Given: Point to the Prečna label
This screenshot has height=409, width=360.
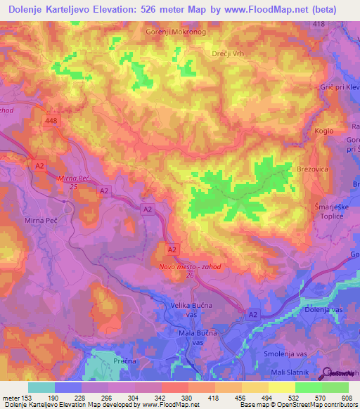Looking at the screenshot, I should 112,360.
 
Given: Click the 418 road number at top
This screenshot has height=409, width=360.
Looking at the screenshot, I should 319,24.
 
